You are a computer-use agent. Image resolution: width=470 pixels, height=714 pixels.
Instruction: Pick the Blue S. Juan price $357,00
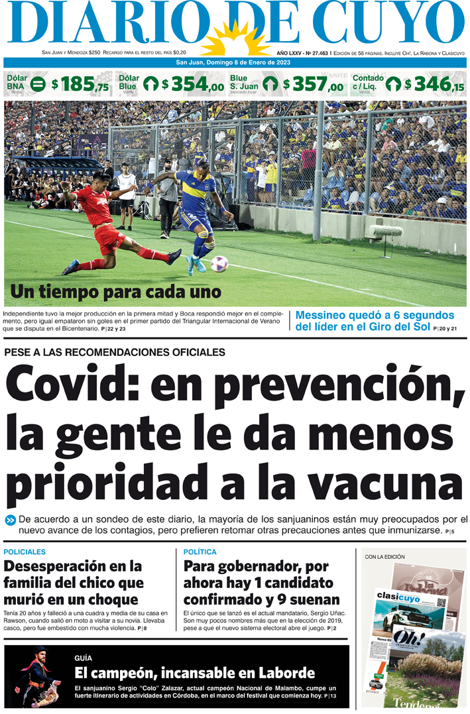click(314, 85)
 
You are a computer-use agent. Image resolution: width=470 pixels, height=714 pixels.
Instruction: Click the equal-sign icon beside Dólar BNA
click(38, 84)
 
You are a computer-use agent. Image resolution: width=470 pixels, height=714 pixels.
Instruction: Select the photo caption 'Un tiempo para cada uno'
click(115, 292)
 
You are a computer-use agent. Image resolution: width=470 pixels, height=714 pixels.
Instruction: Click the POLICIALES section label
click(25, 552)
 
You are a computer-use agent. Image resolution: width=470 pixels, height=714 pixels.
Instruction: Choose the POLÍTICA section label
click(200, 552)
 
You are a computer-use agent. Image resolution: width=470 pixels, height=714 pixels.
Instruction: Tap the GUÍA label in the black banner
click(84, 658)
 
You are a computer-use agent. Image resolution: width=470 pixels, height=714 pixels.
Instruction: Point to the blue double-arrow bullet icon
click(10, 520)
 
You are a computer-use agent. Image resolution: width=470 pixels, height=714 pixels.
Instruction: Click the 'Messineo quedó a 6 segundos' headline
click(375, 316)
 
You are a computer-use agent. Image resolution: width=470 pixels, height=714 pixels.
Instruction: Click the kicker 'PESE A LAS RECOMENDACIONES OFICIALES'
click(115, 353)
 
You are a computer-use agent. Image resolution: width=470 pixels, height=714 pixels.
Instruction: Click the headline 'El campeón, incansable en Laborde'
click(194, 674)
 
